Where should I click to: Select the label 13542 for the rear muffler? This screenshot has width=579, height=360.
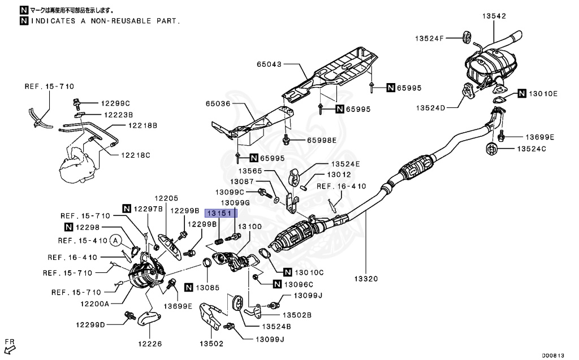494,16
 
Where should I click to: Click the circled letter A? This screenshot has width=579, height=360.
116,241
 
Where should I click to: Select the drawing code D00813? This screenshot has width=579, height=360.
554,355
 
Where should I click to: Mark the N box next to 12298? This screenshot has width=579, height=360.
68,227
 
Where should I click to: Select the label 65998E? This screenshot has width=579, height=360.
322,140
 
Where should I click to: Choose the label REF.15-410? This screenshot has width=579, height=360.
80,241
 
